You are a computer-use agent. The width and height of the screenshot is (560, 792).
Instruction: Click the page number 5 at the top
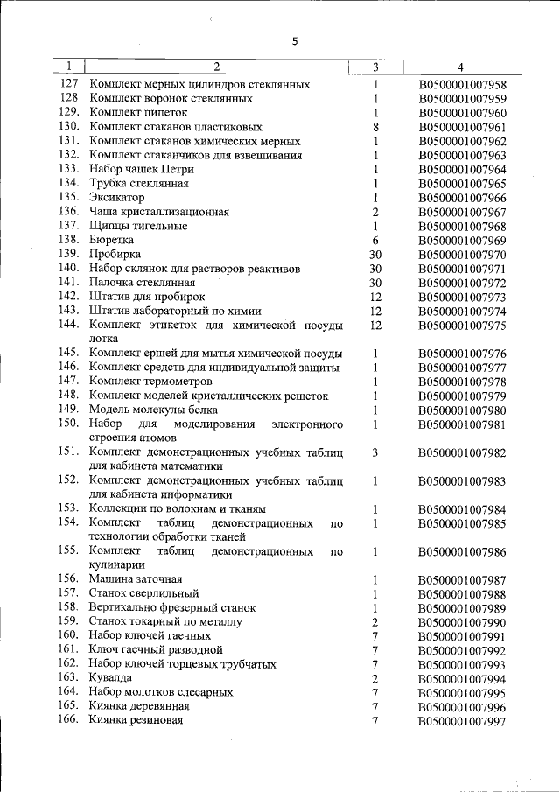295,41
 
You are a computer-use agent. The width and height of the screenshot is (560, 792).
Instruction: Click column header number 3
374,67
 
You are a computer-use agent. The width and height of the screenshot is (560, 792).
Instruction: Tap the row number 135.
70,197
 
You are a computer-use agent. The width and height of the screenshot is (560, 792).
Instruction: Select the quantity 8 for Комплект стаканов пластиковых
374,127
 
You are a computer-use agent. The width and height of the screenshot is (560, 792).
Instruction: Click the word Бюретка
112,240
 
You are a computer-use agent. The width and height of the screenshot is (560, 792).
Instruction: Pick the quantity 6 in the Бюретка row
374,240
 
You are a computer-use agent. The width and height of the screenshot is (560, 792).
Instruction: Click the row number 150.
70,424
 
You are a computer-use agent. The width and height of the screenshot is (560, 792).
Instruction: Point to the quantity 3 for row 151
374,452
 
